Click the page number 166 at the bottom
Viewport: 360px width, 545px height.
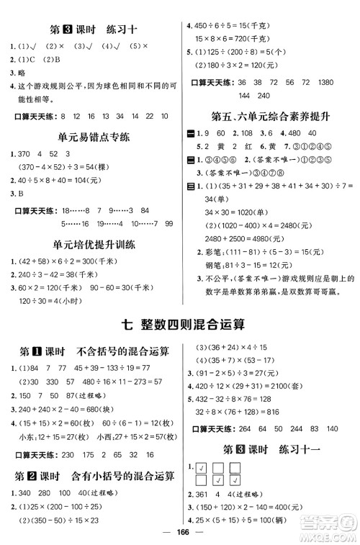[180, 533]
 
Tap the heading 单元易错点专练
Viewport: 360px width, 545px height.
[89, 136]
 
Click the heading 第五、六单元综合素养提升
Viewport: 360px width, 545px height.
[269, 114]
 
